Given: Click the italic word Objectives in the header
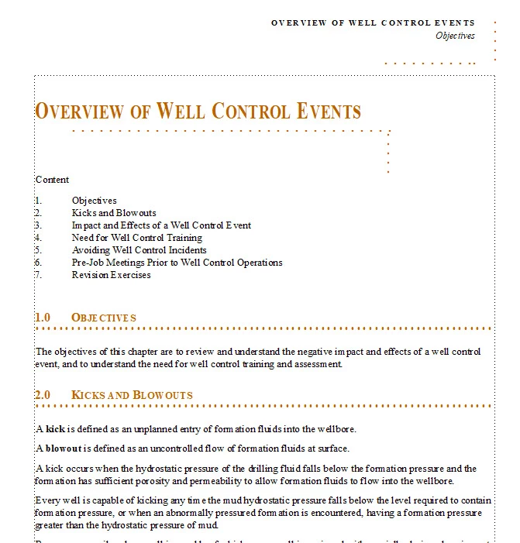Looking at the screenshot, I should tap(455, 36).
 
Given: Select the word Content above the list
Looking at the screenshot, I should tap(52, 180).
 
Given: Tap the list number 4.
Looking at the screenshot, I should tap(39, 238).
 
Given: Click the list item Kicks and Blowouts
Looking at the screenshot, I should tap(114, 213).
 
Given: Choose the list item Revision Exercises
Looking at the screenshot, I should tap(112, 275).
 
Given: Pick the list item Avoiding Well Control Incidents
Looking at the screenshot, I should tap(139, 250).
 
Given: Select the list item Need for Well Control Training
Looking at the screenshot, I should tap(136, 238).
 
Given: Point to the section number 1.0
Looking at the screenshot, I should tap(43, 318).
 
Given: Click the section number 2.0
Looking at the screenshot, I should tap(43, 395).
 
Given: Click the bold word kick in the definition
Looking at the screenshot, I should tap(56, 429).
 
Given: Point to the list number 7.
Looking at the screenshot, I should tap(39, 275).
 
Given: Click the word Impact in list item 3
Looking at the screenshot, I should tap(86, 225).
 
